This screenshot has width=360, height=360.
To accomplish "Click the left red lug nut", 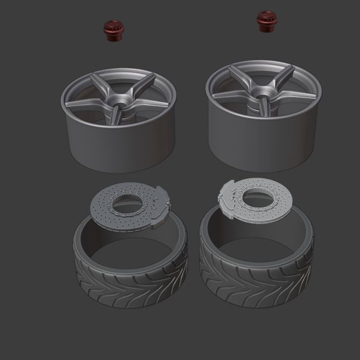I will pyautogui.click(x=112, y=32).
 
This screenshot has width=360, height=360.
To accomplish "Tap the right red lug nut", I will pyautogui.click(x=265, y=21).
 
